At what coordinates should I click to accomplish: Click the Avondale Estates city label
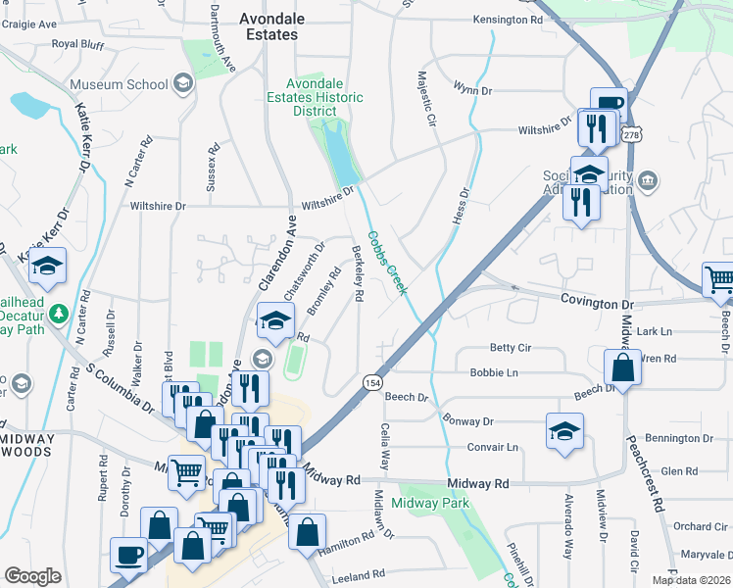(x=271, y=26)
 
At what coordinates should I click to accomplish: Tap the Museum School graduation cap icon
(x=182, y=84)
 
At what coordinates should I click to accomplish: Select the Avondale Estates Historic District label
(x=316, y=97)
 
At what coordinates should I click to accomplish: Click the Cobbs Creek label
(x=387, y=263)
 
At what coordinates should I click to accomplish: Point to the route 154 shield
(x=372, y=381)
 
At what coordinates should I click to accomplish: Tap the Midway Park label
(x=430, y=503)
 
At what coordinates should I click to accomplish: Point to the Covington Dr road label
(x=598, y=300)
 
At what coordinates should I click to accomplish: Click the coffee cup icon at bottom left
(x=128, y=555)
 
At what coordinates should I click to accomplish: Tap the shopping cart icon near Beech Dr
(x=718, y=279)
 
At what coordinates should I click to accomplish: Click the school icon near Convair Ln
(x=564, y=430)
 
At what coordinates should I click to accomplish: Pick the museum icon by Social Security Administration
(x=647, y=181)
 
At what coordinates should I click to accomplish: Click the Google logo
(x=33, y=576)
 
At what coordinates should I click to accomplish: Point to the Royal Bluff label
(x=77, y=44)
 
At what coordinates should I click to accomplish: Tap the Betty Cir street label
(x=511, y=348)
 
